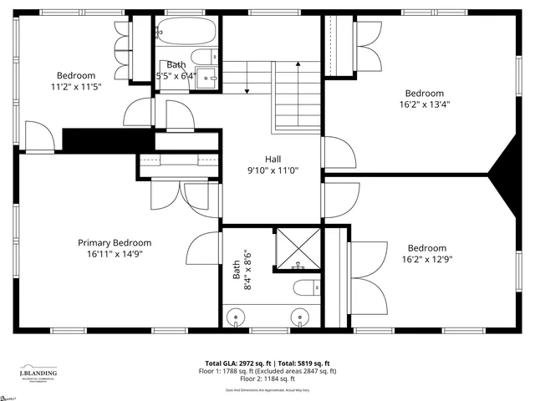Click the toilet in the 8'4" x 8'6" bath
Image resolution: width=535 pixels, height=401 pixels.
306,288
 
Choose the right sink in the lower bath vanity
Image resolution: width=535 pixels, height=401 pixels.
298,317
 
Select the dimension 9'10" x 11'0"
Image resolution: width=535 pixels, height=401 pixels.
273,170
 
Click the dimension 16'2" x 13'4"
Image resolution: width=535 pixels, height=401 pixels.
425,104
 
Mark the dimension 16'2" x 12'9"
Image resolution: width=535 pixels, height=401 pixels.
426,259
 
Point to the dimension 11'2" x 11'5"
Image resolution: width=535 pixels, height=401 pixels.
75,86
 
